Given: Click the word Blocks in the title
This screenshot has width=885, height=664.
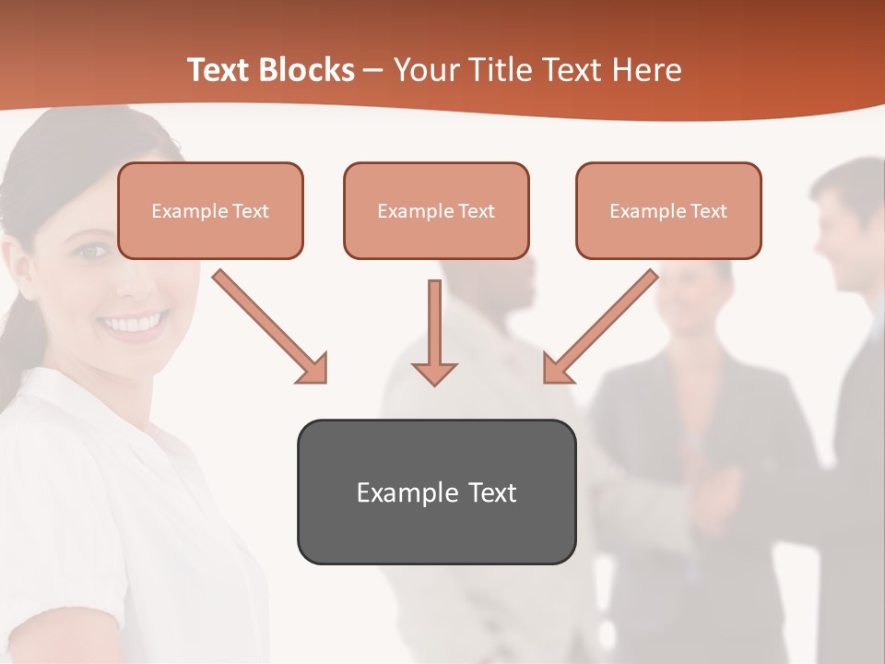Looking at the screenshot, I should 305,70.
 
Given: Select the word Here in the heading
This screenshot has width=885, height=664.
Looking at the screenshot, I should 648,70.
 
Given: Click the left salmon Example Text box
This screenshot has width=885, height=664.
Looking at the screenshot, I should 210,211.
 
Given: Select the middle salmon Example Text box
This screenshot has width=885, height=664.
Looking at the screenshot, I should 436,211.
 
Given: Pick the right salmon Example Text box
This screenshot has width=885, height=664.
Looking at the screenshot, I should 668,211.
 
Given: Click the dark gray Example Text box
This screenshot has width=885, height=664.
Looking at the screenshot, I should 436,492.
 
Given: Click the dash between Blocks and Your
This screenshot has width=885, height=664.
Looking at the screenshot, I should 373,71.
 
